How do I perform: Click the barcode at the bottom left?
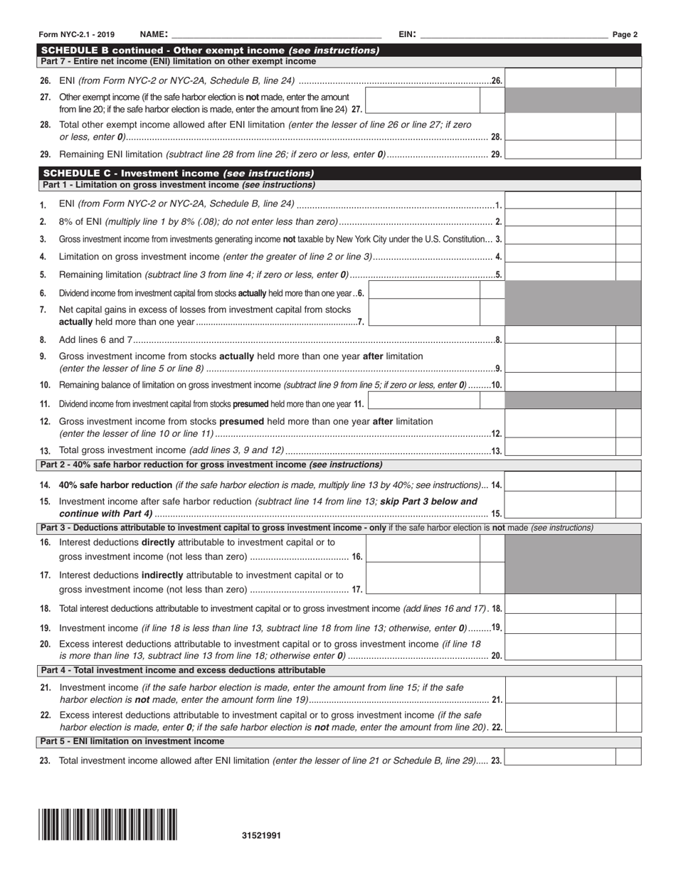108,824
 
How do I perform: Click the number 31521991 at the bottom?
261,836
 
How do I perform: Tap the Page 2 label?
625,34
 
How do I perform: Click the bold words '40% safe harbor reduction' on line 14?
115,484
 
